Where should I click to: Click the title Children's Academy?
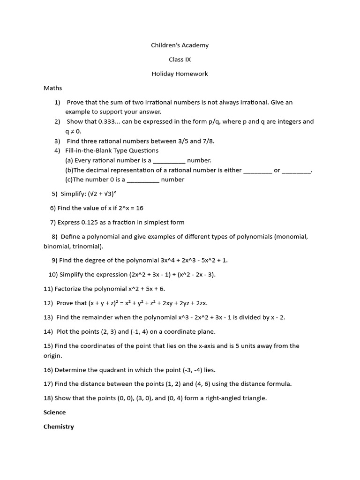click(180, 45)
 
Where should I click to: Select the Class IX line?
click(180, 60)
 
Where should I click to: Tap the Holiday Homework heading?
click(180, 74)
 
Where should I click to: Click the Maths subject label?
click(52, 88)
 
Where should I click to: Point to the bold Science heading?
click(54, 412)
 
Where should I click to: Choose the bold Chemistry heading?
click(59, 427)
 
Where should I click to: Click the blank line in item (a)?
click(169, 161)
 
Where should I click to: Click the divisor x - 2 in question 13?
click(277, 317)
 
